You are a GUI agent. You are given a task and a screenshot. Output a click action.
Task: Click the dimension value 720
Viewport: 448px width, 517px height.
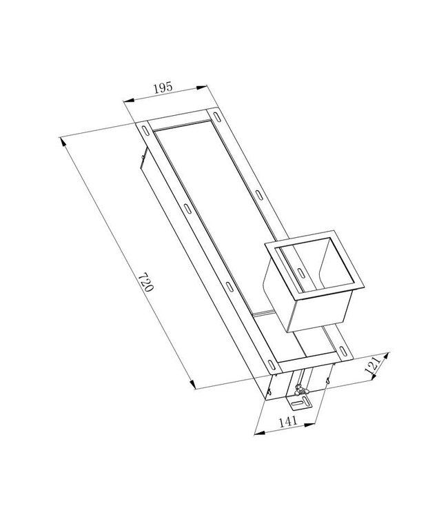click(x=144, y=283)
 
